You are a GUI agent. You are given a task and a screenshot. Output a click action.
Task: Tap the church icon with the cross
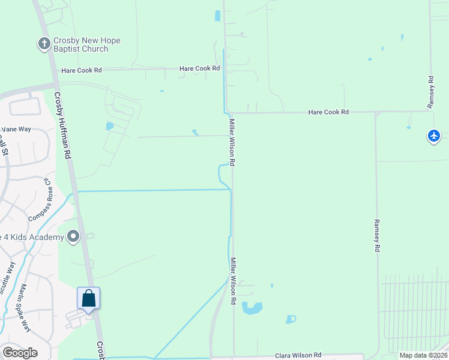(44, 44)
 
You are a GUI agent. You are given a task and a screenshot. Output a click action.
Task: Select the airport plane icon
(434, 136)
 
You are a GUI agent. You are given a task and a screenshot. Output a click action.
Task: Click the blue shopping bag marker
(88, 298)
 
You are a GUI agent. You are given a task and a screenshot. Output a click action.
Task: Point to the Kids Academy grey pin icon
(73, 237)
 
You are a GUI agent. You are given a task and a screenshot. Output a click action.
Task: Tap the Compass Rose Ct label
(40, 199)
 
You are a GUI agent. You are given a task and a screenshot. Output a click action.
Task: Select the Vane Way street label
(16, 129)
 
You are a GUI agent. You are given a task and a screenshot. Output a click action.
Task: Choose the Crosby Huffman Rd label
(62, 124)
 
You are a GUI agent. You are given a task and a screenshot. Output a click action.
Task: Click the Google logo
(20, 352)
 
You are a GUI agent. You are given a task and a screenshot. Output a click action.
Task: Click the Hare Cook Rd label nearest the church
(82, 70)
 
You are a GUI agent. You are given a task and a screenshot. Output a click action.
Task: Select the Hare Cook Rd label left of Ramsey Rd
(328, 112)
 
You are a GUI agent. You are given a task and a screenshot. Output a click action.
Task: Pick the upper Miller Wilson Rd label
(232, 142)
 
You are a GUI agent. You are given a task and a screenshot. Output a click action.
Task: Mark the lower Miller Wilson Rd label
(234, 281)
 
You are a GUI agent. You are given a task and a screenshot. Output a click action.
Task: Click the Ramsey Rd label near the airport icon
(430, 92)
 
